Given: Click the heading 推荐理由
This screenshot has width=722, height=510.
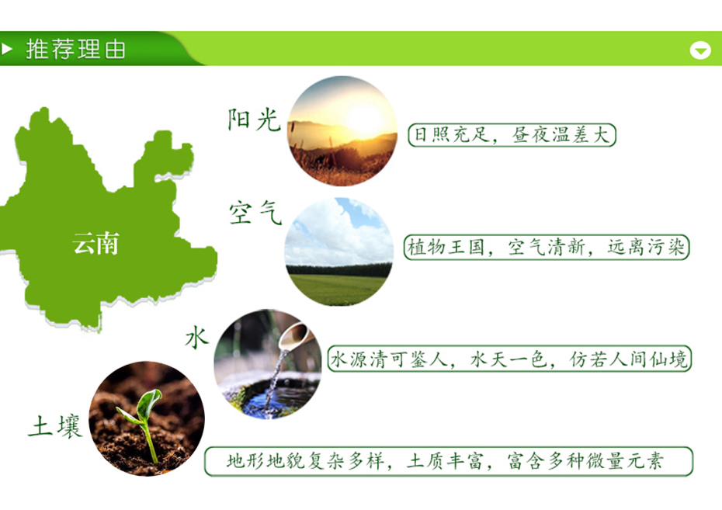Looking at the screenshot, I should click(x=75, y=50).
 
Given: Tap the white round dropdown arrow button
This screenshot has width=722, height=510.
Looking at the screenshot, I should click(x=700, y=50).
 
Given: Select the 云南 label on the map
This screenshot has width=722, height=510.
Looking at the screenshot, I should click(x=95, y=244).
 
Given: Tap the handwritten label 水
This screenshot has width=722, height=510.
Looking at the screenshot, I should click(x=196, y=338).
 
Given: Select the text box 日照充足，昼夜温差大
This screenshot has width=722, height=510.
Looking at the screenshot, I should click(x=512, y=135).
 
